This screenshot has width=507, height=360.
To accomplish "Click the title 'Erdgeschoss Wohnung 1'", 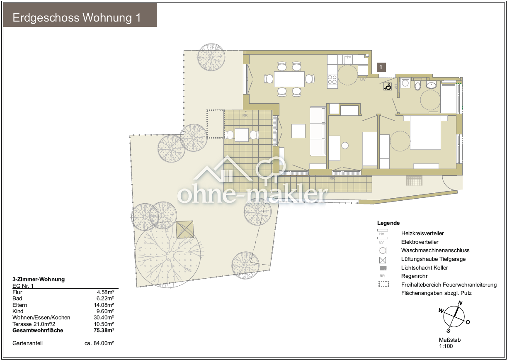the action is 77,18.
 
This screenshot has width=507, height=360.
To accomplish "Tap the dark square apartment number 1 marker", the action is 381,67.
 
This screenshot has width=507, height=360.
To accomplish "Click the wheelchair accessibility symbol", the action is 388,86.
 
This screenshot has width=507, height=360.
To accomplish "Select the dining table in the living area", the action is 289,79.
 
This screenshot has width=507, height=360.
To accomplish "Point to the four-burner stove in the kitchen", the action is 332,80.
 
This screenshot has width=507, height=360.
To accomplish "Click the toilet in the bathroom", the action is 417,85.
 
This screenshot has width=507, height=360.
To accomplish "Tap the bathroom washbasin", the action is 432,85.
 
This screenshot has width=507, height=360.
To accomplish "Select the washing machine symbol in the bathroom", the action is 405,83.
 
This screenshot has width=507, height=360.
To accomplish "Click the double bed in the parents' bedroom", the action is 425,132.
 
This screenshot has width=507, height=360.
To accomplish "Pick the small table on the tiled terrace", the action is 242,135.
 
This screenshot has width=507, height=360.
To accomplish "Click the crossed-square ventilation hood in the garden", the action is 185,229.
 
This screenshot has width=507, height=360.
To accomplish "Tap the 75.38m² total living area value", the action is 104,330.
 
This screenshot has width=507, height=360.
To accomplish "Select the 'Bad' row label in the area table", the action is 17,299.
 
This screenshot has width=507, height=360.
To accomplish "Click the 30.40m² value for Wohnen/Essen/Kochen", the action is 104,317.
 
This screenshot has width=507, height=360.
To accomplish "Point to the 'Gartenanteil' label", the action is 27,343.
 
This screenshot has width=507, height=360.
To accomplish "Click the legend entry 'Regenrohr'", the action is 415,276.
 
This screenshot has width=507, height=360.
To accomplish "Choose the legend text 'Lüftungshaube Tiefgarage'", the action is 434,259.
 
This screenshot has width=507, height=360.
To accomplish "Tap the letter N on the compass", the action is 460,303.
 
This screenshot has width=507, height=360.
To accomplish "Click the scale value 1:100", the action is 446,346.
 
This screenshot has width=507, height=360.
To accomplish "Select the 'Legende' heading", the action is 388,223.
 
